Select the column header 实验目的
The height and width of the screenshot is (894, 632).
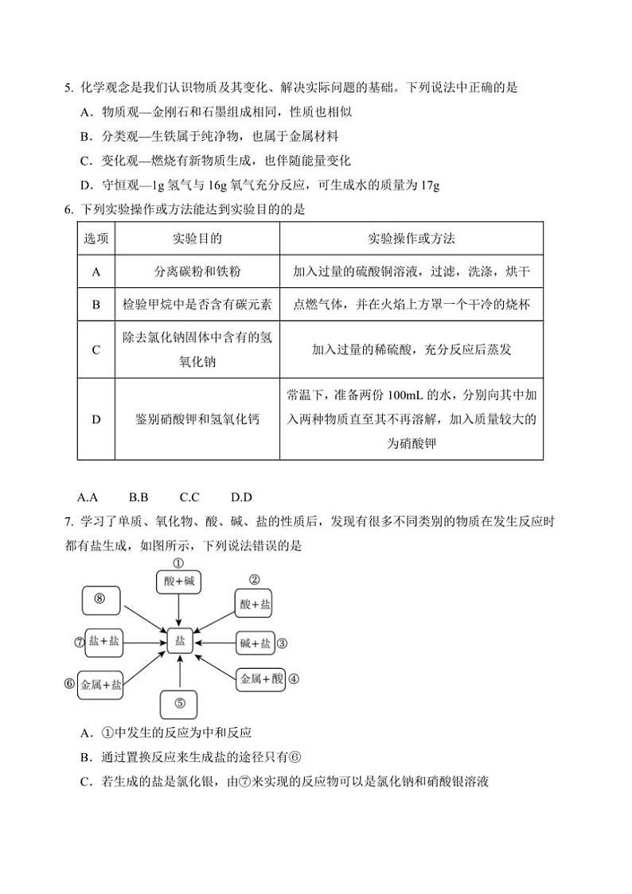click(x=197, y=239)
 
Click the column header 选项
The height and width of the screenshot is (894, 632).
click(x=96, y=239)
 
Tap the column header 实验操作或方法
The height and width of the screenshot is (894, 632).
click(x=412, y=239)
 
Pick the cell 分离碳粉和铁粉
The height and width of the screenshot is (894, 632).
click(x=197, y=271)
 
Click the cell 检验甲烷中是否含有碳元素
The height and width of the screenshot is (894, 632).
click(x=197, y=305)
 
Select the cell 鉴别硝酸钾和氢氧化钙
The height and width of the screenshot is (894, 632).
click(x=197, y=419)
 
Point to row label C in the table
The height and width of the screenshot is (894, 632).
click(x=96, y=349)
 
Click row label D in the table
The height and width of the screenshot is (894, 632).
click(x=96, y=419)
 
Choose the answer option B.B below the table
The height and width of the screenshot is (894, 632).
click(x=138, y=497)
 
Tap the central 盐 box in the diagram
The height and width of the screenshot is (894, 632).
click(x=180, y=641)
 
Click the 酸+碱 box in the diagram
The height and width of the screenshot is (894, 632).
click(x=179, y=582)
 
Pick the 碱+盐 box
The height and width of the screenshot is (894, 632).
click(x=255, y=643)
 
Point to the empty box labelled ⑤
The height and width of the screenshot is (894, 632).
click(x=179, y=704)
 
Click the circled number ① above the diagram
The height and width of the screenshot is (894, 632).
click(x=179, y=563)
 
